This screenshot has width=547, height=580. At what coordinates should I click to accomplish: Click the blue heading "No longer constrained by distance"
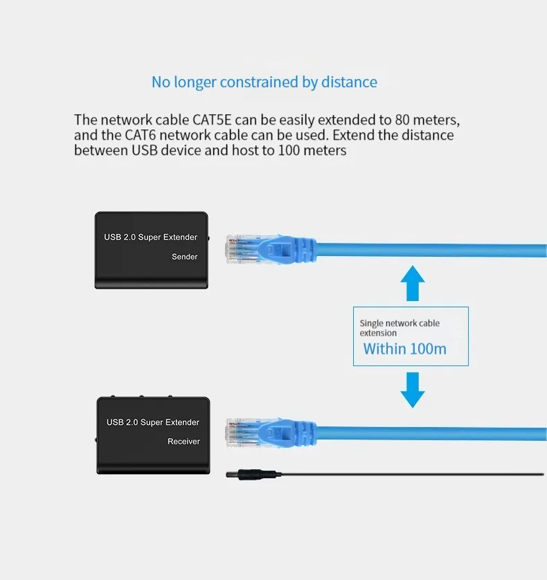[x=264, y=82]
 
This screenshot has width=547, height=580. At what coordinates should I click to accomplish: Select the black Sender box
[x=151, y=250]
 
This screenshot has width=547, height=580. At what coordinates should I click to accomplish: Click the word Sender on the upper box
[x=184, y=257]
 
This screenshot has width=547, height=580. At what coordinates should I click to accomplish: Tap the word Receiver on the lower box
[x=183, y=441]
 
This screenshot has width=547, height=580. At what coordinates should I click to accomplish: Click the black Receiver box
[x=152, y=436]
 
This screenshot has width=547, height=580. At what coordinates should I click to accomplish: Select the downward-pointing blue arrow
[x=413, y=390]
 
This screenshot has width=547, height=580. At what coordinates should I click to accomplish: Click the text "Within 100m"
[x=405, y=349]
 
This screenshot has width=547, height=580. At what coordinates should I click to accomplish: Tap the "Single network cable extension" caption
[x=399, y=328]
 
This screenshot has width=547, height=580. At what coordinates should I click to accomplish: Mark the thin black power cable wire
[x=415, y=475]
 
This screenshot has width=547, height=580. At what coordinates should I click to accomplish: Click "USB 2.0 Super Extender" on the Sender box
[x=151, y=237]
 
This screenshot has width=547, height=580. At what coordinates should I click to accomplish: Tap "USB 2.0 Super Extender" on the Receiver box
[x=152, y=422]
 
